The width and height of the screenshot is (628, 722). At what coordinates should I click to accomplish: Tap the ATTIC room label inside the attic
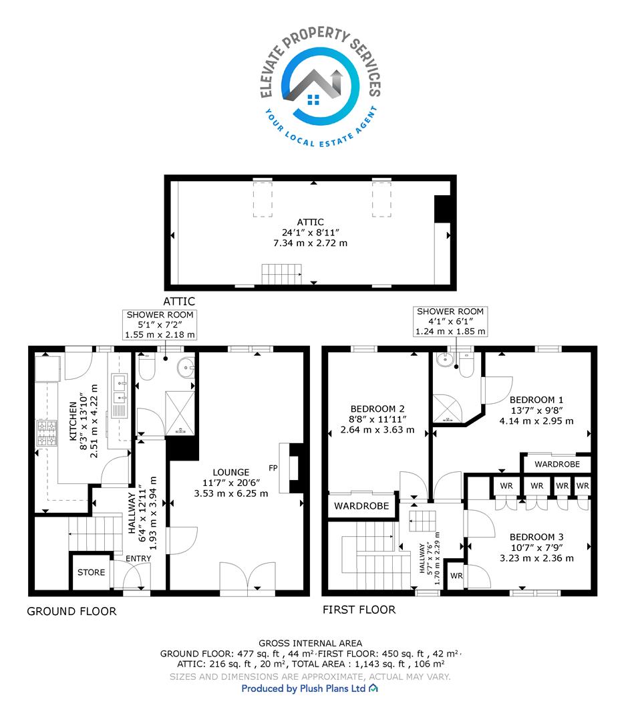click(x=310, y=222)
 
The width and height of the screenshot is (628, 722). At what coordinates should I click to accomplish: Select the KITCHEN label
click(x=73, y=421)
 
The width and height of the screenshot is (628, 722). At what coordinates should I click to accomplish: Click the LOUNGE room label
click(x=231, y=472)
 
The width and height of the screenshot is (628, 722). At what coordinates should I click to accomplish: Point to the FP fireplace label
click(x=273, y=468)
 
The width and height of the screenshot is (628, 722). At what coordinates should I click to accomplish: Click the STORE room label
click(x=91, y=572)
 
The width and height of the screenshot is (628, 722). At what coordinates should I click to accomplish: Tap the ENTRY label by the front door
click(x=138, y=558)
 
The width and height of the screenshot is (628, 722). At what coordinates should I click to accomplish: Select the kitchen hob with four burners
click(x=47, y=433)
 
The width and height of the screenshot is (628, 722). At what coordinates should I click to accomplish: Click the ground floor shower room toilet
click(x=146, y=367)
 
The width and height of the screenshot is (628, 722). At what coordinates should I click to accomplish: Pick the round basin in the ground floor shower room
click(x=187, y=367)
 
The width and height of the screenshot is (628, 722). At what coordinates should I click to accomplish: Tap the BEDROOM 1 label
click(x=536, y=400)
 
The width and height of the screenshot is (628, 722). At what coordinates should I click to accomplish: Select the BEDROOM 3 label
click(x=536, y=537)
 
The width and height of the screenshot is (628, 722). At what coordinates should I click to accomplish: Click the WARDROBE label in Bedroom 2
click(x=361, y=506)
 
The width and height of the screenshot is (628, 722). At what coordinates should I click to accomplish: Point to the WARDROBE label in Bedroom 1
click(x=557, y=464)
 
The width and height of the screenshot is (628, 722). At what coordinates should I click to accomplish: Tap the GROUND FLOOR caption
click(x=71, y=612)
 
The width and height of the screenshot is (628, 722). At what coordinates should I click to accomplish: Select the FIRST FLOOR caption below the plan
click(x=359, y=610)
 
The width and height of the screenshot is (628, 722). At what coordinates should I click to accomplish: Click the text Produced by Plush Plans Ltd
click(x=304, y=689)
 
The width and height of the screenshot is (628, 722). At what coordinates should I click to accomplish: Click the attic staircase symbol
click(x=281, y=274)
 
